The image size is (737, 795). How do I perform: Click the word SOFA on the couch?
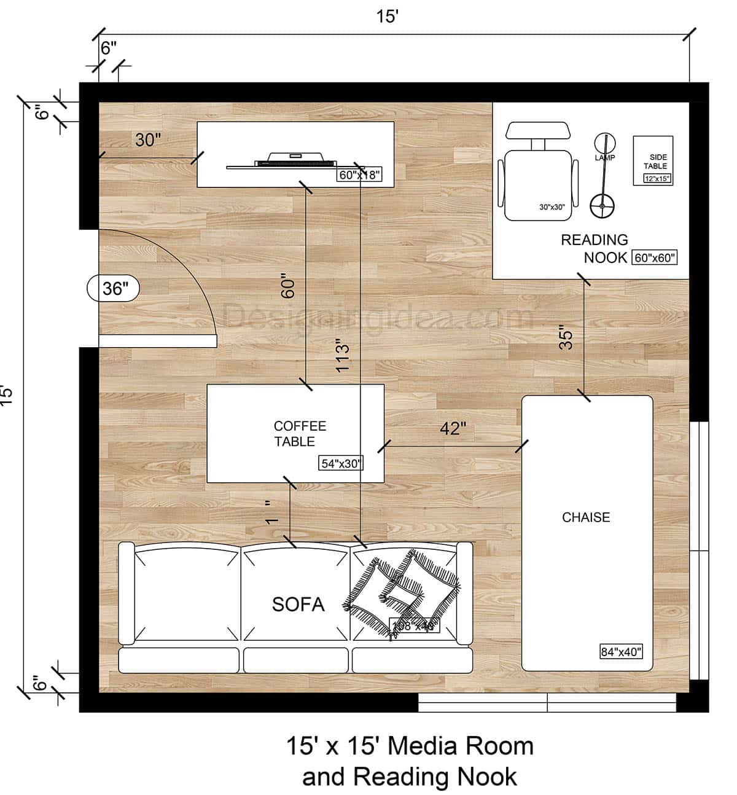pos(298,605)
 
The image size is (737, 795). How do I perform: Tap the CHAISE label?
pos(586,517)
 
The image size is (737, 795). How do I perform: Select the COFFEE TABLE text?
pos(300,434)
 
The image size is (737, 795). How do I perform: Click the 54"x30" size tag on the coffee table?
pos(341,464)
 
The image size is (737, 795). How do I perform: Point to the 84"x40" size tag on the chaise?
pos(621,652)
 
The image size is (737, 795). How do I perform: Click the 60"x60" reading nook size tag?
pos(655,258)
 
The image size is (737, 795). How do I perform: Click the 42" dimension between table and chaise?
pos(453,428)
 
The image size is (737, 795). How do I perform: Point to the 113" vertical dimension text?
pos(343,354)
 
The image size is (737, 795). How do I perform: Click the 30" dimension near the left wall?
pos(148,140)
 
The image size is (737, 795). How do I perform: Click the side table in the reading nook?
pos(653,160)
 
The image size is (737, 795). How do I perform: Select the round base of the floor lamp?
pos(602,206)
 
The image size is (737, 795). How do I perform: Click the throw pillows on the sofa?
pos(402,587)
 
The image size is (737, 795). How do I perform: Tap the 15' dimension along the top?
pos(388,17)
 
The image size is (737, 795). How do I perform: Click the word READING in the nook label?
pos(594,240)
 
